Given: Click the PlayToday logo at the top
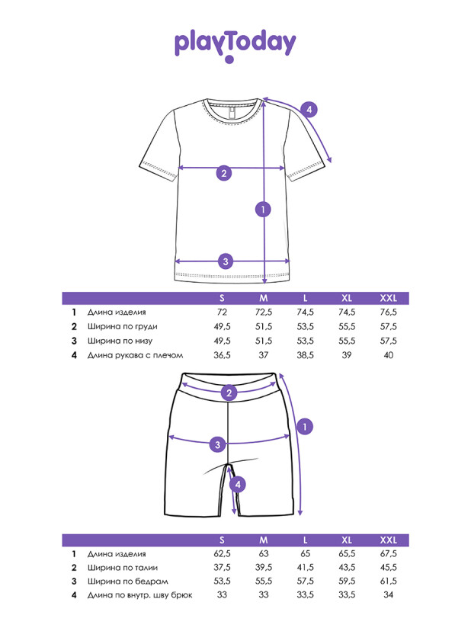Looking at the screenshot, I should tap(235, 44).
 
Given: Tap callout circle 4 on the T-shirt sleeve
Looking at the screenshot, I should tap(308, 109).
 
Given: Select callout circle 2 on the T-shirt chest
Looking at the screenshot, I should tap(223, 172).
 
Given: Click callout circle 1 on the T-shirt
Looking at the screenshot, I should tap(263, 209).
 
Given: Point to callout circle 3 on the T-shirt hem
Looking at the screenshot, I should tap(224, 261).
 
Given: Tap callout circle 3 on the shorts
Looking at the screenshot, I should tap(218, 444).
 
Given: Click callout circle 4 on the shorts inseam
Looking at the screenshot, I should tap(238, 484).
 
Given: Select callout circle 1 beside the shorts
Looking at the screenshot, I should tap(304, 427).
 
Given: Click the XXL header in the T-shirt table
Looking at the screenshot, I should tap(389, 298).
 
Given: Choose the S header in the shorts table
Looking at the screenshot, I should tap(222, 540).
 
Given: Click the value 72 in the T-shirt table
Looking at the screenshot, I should tap(222, 312).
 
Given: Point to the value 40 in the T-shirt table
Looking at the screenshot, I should tap(389, 355).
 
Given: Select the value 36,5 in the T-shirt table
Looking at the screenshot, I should tap(222, 355).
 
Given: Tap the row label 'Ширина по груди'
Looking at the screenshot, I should tap(117, 327).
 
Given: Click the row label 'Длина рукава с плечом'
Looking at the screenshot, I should tap(135, 355).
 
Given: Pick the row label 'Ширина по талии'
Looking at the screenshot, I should tap(117, 568).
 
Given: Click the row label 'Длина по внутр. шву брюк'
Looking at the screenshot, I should tap(140, 595).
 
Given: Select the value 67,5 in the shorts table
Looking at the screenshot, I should tap(389, 554).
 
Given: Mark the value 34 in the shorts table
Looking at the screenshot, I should tap(389, 595).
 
